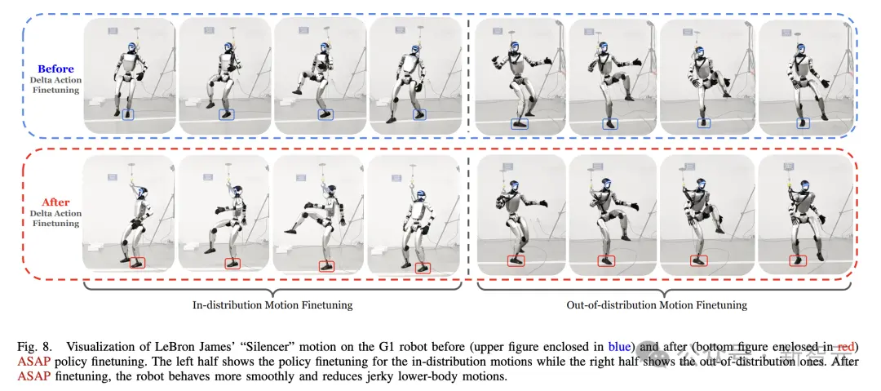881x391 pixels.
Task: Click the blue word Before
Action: (x=55, y=69)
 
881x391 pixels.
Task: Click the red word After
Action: (x=55, y=202)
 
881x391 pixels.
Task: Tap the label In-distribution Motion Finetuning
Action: (x=272, y=305)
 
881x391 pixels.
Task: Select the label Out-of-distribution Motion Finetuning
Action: (x=657, y=305)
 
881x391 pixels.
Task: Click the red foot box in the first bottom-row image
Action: (x=137, y=262)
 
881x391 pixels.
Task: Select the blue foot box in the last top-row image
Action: (x=803, y=122)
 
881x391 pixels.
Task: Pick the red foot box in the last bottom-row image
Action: (x=797, y=260)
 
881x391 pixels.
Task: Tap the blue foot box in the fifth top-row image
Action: (x=520, y=124)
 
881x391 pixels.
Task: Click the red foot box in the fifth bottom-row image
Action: (x=516, y=260)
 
